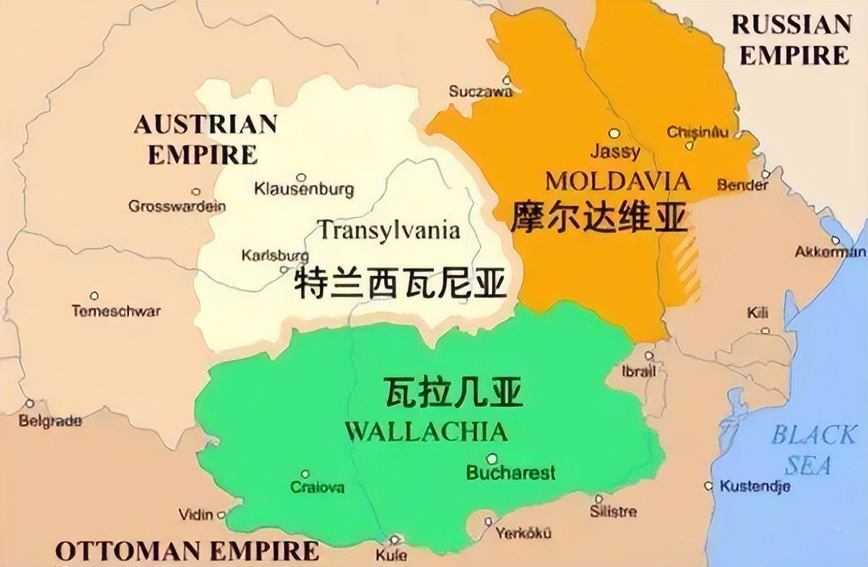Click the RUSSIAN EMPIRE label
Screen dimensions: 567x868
point(792,40)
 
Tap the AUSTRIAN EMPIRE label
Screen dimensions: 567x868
point(205,139)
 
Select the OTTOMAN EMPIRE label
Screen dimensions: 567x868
point(187,551)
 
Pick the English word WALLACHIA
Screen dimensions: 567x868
point(426,431)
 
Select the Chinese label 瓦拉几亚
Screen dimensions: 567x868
point(452,393)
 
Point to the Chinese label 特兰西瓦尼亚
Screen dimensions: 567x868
point(400,283)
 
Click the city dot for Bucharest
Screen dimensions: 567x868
point(492,458)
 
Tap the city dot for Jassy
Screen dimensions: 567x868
point(614,133)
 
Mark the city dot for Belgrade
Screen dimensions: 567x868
point(29,403)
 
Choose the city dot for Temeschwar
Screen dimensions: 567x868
point(94,296)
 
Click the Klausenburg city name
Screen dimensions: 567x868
point(304,190)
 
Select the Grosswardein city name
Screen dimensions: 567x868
point(177,206)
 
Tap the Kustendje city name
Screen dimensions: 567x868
point(754,487)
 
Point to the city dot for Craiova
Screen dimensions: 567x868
point(305,474)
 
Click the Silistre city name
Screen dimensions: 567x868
point(613,511)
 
